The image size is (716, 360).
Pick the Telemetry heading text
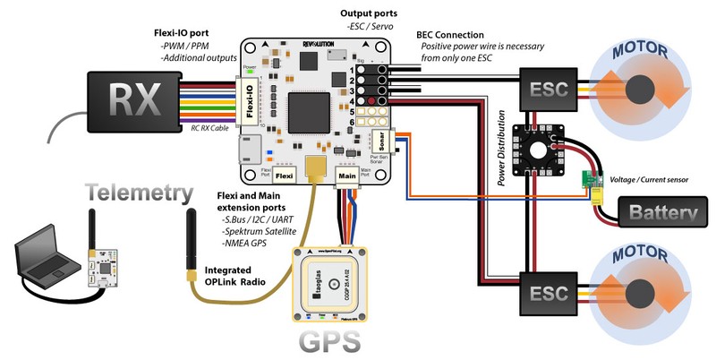tap(138, 193)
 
